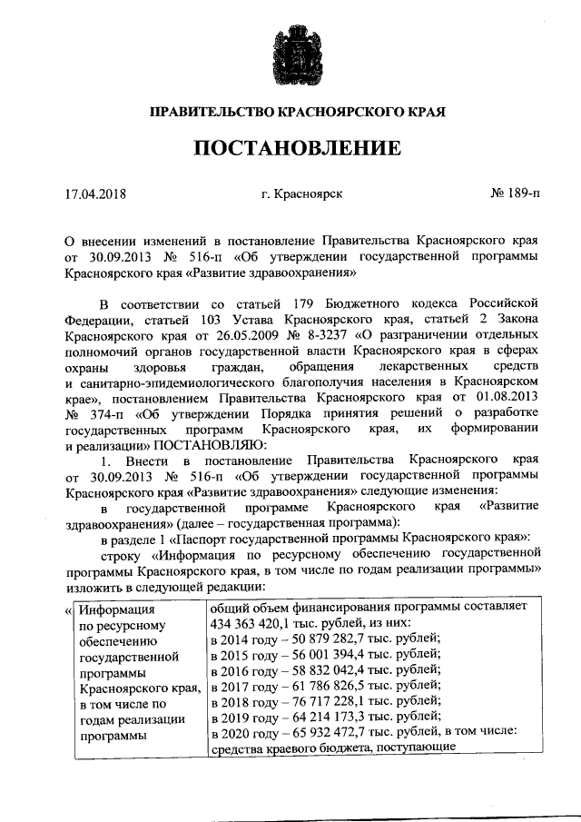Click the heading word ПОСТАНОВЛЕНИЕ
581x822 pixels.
point(290,148)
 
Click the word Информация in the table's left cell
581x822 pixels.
point(113,609)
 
